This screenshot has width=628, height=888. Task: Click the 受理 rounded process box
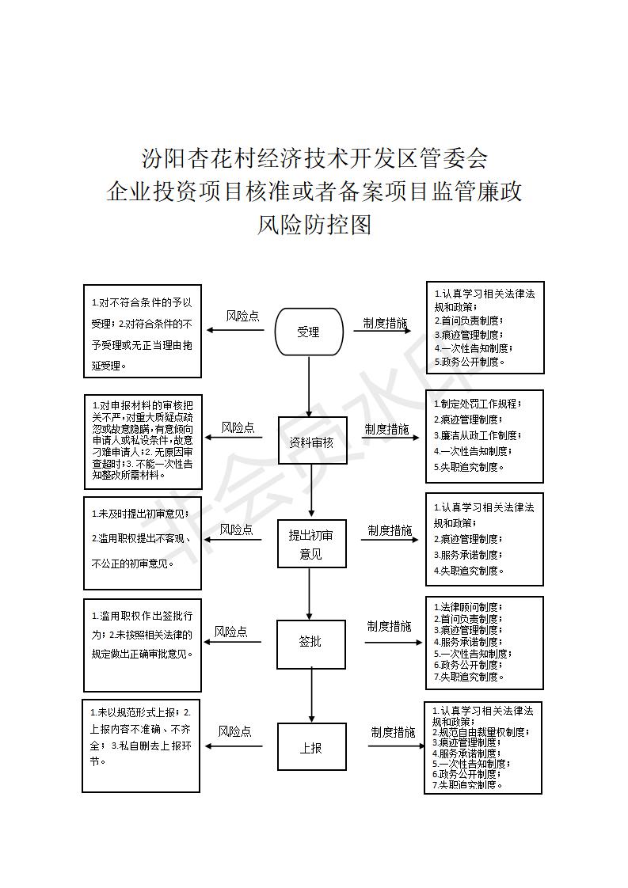[x=309, y=332]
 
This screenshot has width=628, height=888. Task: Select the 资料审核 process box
[x=312, y=442]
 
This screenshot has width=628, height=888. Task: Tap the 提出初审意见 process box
[x=311, y=545]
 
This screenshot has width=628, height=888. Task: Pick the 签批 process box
[x=310, y=643]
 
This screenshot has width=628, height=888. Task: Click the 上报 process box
[x=311, y=746]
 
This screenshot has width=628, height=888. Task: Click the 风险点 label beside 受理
[x=242, y=316]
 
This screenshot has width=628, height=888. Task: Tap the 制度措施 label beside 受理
[x=386, y=323]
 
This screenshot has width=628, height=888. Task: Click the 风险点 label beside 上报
[x=234, y=732]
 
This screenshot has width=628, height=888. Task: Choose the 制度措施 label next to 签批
[x=389, y=626]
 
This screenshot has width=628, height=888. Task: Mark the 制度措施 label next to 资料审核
[x=386, y=430]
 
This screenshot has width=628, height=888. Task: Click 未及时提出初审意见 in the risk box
[x=142, y=514]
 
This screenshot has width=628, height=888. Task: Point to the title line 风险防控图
[x=314, y=226]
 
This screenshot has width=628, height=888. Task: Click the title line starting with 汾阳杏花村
[x=314, y=157]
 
